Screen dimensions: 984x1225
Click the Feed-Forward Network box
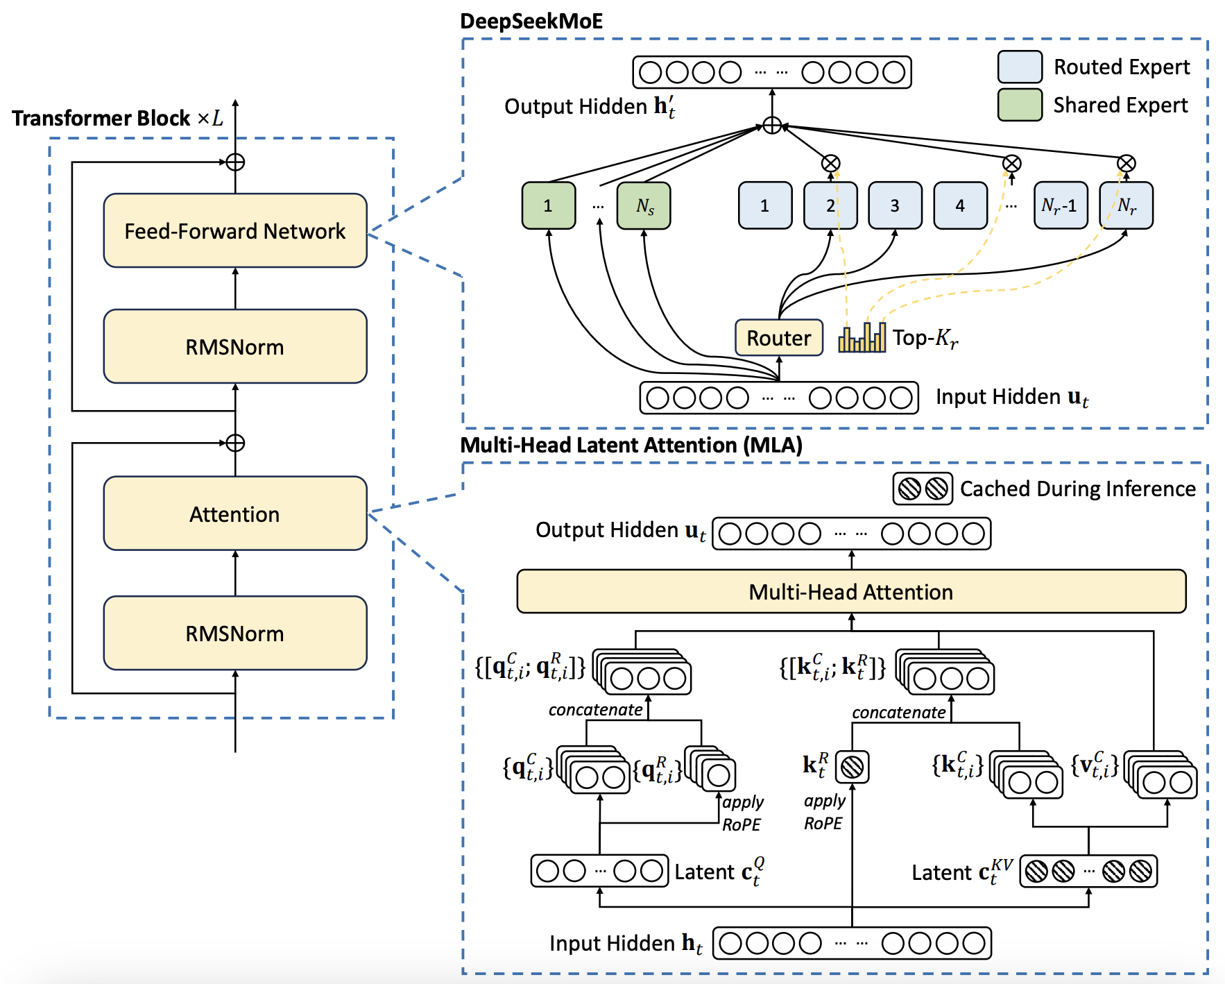[x=234, y=230]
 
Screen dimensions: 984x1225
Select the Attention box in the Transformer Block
[x=234, y=514]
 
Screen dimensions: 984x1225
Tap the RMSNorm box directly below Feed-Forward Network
[x=234, y=346]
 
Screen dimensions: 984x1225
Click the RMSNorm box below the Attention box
[x=234, y=633]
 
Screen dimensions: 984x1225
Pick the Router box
[x=778, y=338]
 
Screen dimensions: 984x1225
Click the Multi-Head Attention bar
[x=851, y=592]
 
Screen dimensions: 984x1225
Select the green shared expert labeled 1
[x=548, y=205]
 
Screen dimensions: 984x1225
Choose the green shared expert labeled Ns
[x=644, y=205]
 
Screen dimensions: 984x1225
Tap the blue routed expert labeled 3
[x=895, y=205]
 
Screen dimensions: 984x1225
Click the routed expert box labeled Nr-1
[x=1060, y=205]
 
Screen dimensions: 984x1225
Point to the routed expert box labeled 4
[x=960, y=205]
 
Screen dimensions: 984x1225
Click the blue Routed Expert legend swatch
[x=1020, y=67]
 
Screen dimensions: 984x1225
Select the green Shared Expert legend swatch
[x=1020, y=105]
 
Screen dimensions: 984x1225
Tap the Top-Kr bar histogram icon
[x=862, y=338]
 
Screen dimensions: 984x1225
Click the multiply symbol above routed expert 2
[x=830, y=164]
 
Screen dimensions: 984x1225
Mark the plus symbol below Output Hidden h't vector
[x=772, y=126]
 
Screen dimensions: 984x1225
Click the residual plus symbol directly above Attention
[x=235, y=443]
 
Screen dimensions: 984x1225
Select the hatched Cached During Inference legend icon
[x=923, y=489]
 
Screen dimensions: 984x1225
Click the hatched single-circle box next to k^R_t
[x=852, y=767]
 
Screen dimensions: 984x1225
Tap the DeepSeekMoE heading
[x=531, y=21]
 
